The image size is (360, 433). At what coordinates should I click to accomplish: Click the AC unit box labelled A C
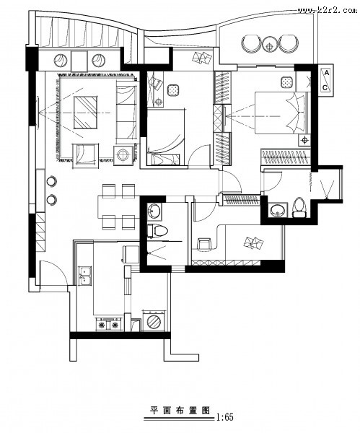(x=326, y=80)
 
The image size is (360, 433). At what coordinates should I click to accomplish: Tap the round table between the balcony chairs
(x=269, y=44)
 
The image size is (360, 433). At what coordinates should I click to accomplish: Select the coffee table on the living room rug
(x=85, y=112)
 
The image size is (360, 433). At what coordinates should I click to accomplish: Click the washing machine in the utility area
(x=154, y=320)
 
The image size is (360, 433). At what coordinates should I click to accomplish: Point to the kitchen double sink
(x=85, y=276)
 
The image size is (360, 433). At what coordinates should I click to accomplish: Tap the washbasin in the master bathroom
(x=277, y=211)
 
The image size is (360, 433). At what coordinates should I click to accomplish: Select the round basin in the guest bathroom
(x=154, y=211)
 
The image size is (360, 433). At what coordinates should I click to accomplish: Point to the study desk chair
(x=204, y=245)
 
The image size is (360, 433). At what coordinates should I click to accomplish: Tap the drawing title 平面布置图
(x=180, y=410)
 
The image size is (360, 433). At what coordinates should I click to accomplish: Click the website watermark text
(x=327, y=11)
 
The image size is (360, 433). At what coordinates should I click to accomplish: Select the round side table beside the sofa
(x=123, y=155)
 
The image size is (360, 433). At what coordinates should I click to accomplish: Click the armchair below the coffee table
(x=85, y=155)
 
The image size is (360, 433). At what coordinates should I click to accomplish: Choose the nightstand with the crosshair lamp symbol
(x=304, y=140)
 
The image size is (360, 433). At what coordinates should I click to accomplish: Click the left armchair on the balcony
(x=251, y=43)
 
